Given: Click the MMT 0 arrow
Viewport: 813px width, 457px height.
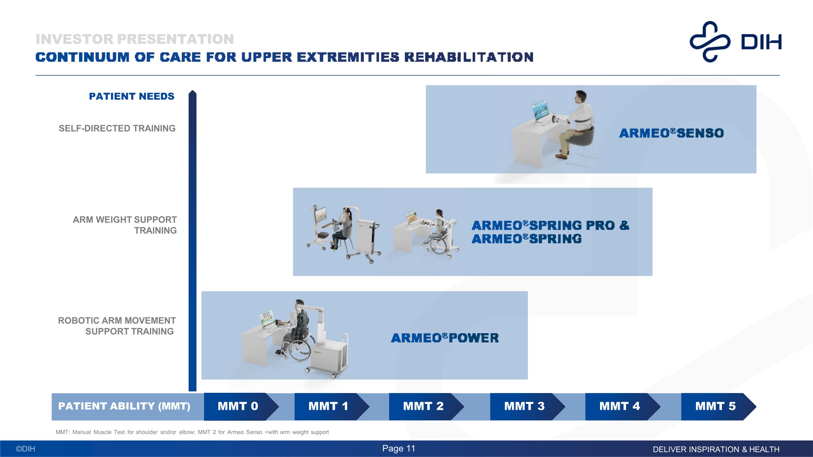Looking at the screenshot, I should [238, 406].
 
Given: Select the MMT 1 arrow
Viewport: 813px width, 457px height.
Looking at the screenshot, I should [328, 406].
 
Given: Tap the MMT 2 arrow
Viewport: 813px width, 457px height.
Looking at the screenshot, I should [424, 406].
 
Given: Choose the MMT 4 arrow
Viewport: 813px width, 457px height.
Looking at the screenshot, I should [620, 406].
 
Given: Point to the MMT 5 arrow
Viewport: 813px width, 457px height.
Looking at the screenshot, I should [715, 406].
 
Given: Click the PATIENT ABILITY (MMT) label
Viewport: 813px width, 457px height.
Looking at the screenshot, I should [124, 406].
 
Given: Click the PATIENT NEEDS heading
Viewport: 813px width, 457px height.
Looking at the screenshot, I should [132, 96].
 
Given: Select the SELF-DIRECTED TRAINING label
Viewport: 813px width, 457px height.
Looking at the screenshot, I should [117, 128].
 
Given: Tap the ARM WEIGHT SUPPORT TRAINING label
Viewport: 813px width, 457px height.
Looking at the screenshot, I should [125, 225].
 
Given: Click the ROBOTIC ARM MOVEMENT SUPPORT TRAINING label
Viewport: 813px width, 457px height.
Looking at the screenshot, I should [117, 326].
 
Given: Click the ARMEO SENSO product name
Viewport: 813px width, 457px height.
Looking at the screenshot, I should [671, 133].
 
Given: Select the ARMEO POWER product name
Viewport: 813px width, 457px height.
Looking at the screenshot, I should [445, 338].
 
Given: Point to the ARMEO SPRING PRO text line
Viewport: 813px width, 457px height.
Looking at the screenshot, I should [550, 225].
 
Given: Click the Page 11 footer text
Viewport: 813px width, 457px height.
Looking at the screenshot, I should [399, 449].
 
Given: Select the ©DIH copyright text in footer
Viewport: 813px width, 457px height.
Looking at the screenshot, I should [25, 449].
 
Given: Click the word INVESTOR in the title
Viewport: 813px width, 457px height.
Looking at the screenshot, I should [75, 39].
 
